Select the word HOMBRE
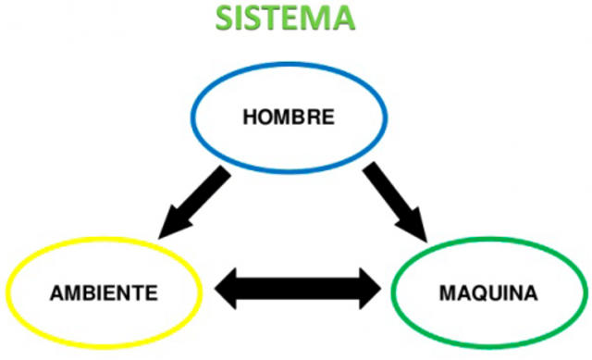pyautogui.click(x=288, y=118)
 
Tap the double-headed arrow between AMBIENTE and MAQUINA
pyautogui.click(x=299, y=288)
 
